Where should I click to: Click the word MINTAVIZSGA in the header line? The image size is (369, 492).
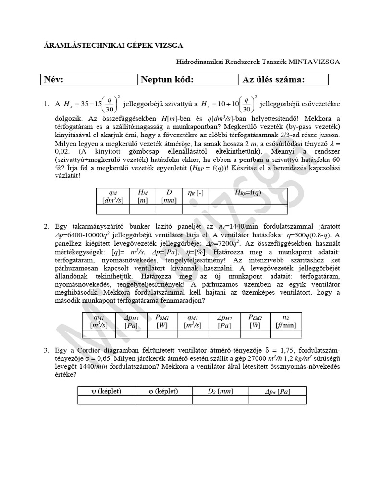click(x=314, y=61)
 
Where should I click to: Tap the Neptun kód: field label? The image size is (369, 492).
click(x=167, y=80)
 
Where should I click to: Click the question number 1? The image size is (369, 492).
click(x=47, y=104)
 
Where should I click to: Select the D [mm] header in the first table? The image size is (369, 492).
click(x=169, y=196)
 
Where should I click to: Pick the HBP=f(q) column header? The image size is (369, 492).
click(x=248, y=193)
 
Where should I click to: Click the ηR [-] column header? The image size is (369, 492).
click(x=196, y=193)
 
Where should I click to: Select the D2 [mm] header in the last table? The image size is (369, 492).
click(x=220, y=391)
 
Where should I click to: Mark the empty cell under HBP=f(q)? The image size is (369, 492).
click(x=248, y=209)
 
